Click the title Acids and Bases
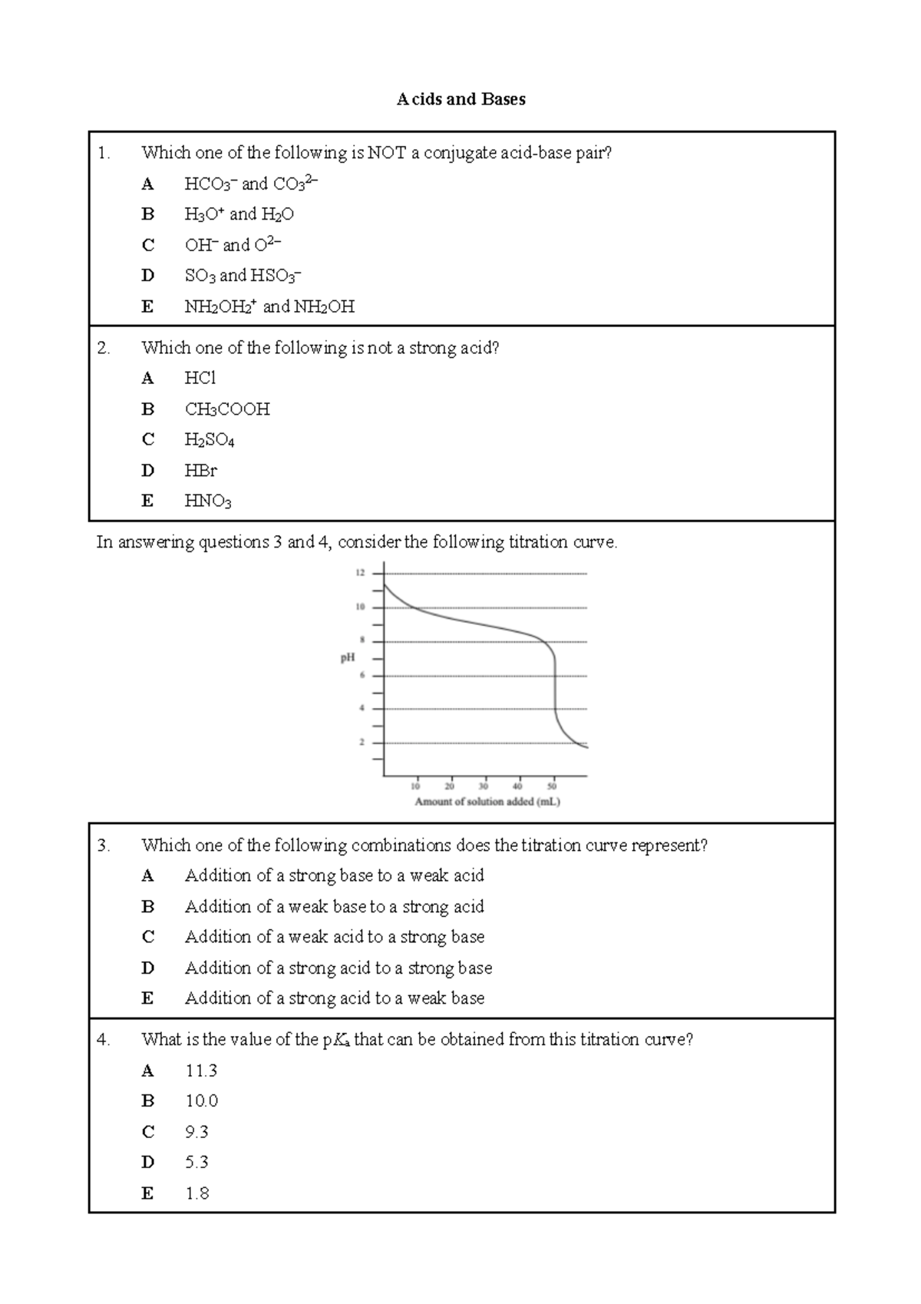(x=460, y=99)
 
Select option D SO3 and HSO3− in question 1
(x=243, y=276)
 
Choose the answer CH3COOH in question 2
(x=227, y=409)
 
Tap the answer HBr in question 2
(x=201, y=470)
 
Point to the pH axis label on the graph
(x=348, y=658)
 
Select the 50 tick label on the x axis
(x=552, y=786)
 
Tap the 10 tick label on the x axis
(x=415, y=786)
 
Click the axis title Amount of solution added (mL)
(x=487, y=802)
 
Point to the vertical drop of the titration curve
(x=555, y=683)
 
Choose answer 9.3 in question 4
(x=196, y=1132)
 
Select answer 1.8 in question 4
(x=196, y=1193)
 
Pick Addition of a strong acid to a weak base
(x=335, y=998)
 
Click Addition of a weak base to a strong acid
(x=335, y=907)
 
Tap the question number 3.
(x=104, y=846)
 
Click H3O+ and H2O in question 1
(x=239, y=214)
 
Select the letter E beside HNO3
(x=147, y=501)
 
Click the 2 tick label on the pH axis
(x=361, y=743)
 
